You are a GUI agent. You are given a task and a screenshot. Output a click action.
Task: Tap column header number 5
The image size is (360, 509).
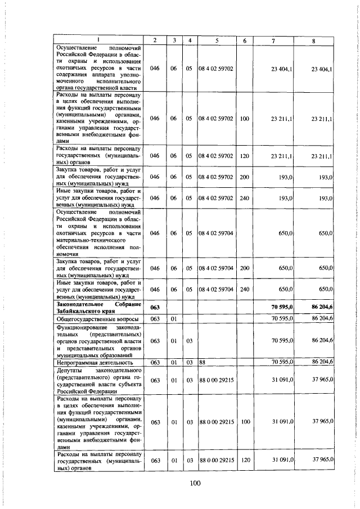tap(216, 40)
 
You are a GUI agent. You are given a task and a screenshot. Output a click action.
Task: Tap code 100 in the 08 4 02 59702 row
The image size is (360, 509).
tap(244, 119)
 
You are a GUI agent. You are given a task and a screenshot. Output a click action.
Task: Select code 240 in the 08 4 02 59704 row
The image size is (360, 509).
tap(244, 289)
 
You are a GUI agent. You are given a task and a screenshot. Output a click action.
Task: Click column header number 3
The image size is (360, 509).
tap(174, 40)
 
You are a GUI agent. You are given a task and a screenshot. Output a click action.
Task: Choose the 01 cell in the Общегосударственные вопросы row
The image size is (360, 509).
tap(174, 319)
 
